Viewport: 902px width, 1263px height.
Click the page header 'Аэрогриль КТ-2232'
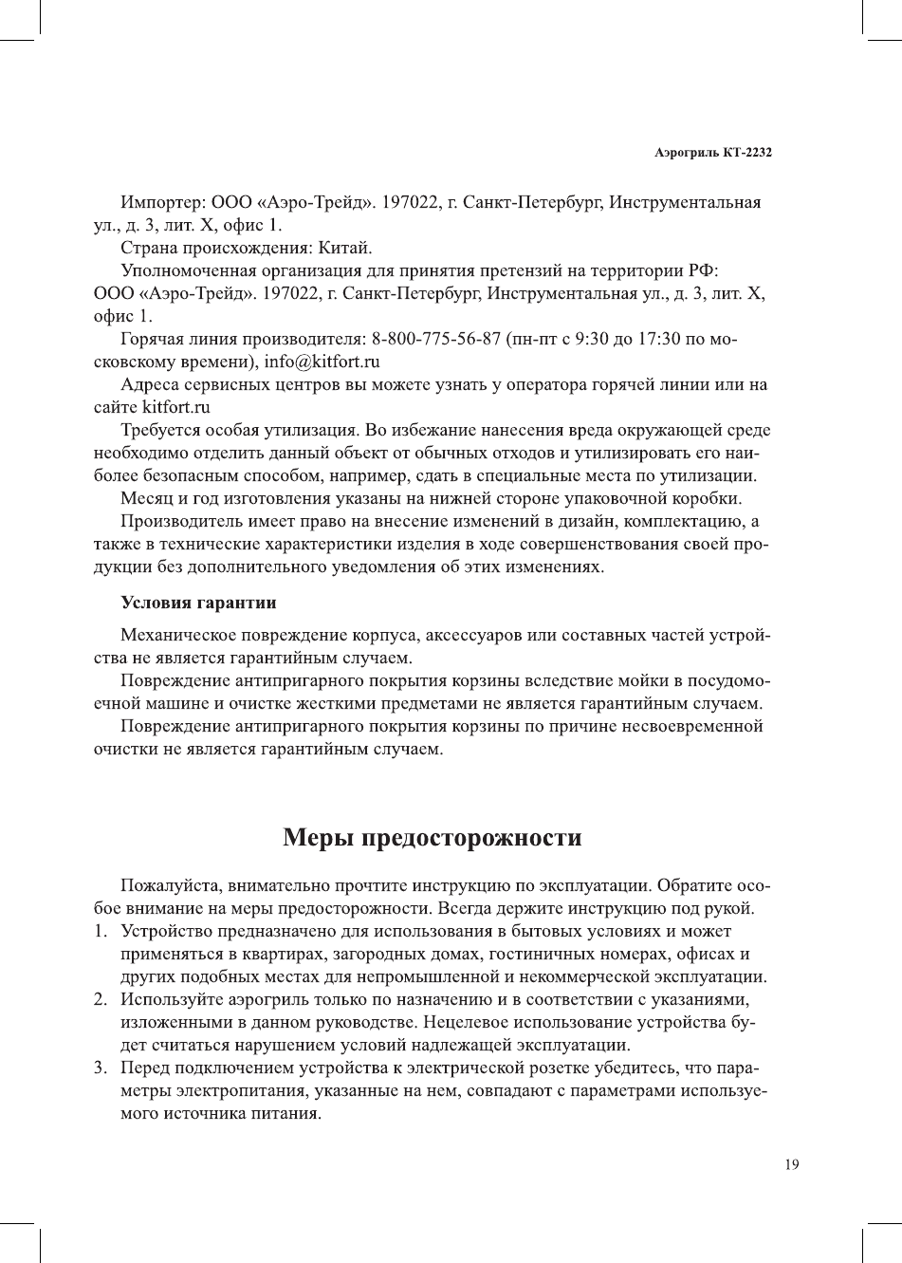point(712,152)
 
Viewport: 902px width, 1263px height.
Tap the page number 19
point(792,1165)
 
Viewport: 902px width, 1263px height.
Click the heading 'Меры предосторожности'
point(432,838)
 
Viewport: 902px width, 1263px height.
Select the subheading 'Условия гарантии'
point(198,603)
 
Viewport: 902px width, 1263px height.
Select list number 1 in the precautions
point(100,931)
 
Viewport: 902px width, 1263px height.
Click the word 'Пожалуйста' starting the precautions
point(169,886)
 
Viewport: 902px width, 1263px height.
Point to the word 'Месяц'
point(145,499)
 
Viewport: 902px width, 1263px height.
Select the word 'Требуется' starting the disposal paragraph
point(160,431)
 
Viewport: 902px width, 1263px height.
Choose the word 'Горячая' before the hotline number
point(152,340)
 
